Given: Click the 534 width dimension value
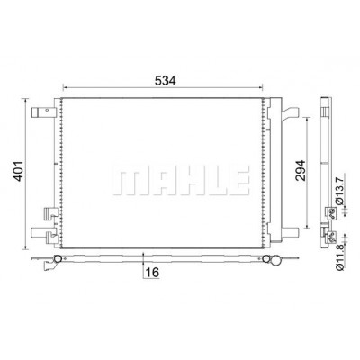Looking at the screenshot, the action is click(165, 80).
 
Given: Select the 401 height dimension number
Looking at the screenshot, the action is click(19, 171).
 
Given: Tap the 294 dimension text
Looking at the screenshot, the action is click(301, 170).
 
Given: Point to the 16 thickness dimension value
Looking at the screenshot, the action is click(152, 273).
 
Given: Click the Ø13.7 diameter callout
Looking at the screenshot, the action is click(339, 191).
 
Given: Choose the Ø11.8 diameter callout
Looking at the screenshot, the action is click(339, 256).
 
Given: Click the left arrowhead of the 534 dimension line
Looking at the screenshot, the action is click(65, 87).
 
